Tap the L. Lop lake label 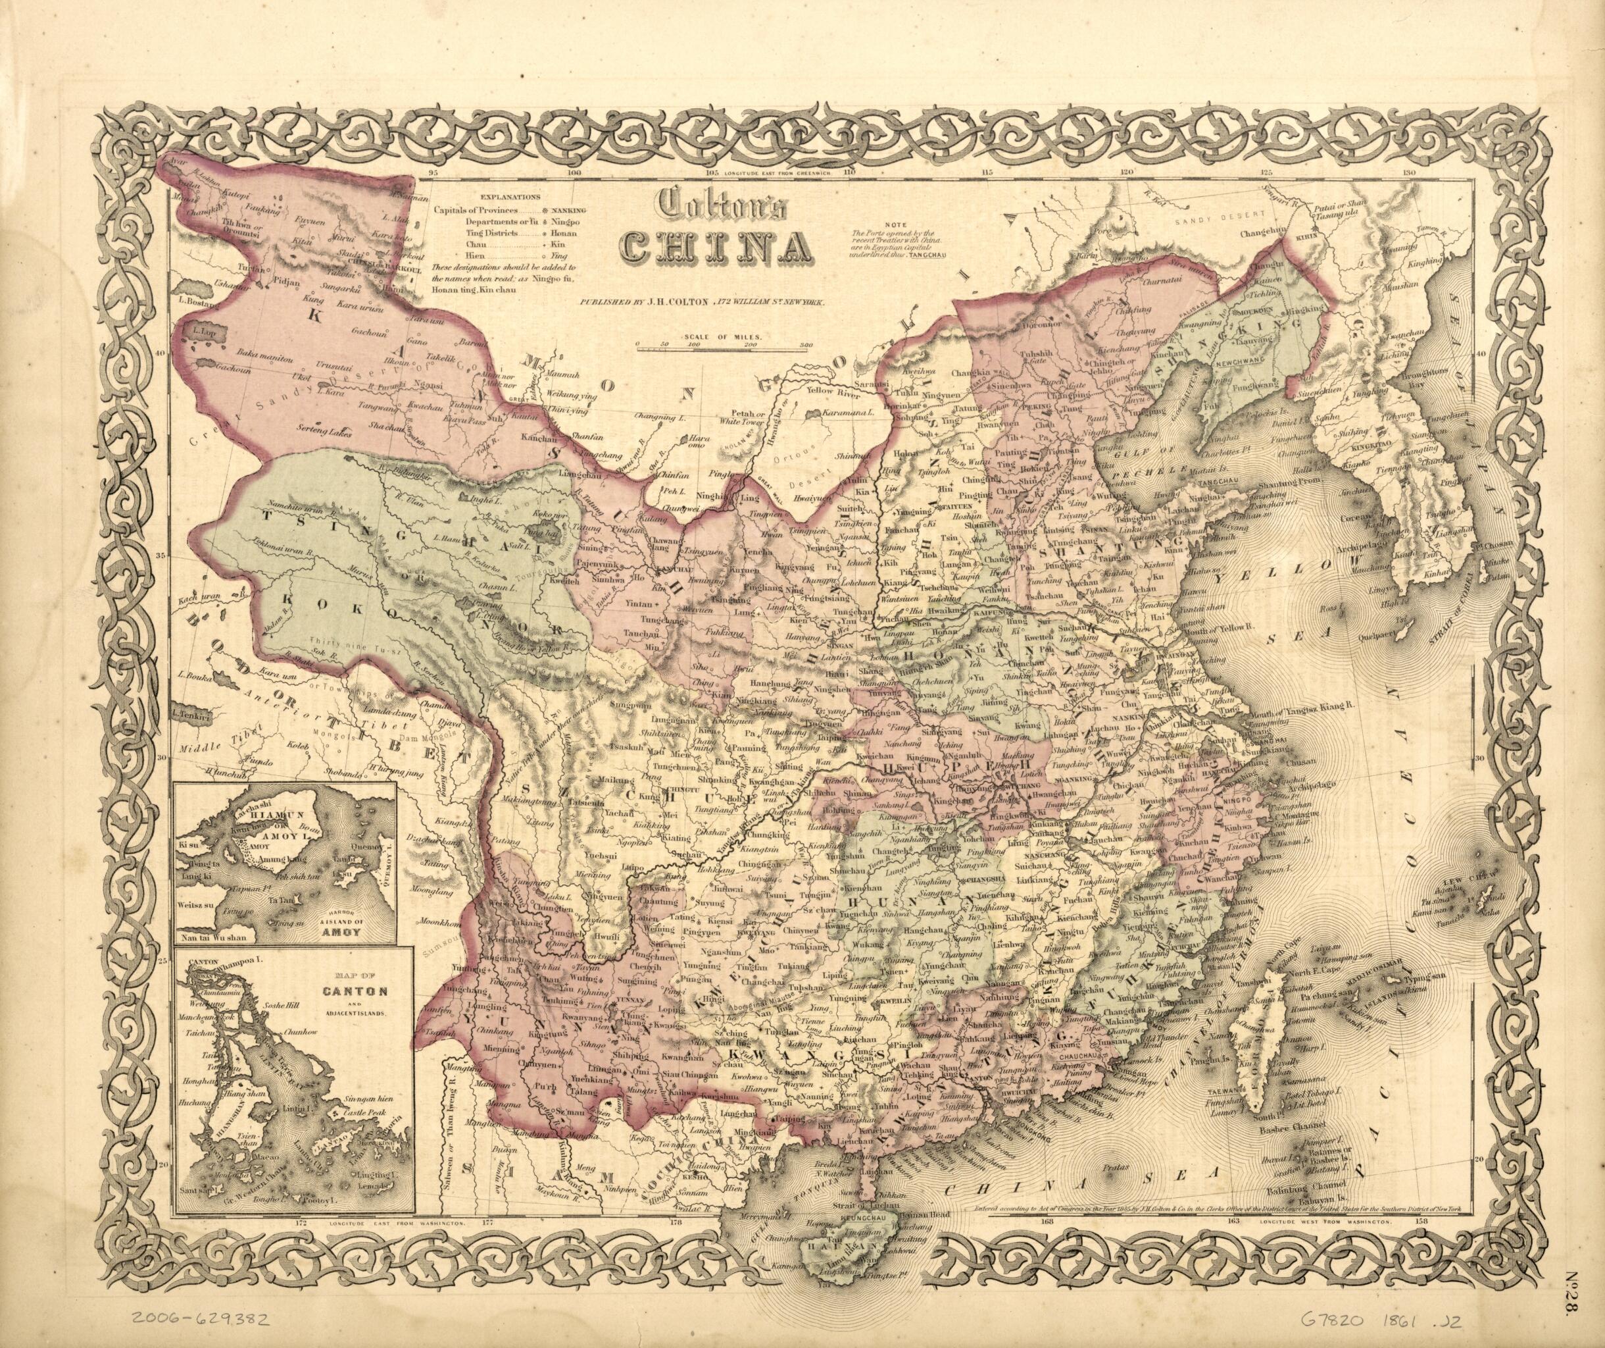[x=203, y=332]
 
